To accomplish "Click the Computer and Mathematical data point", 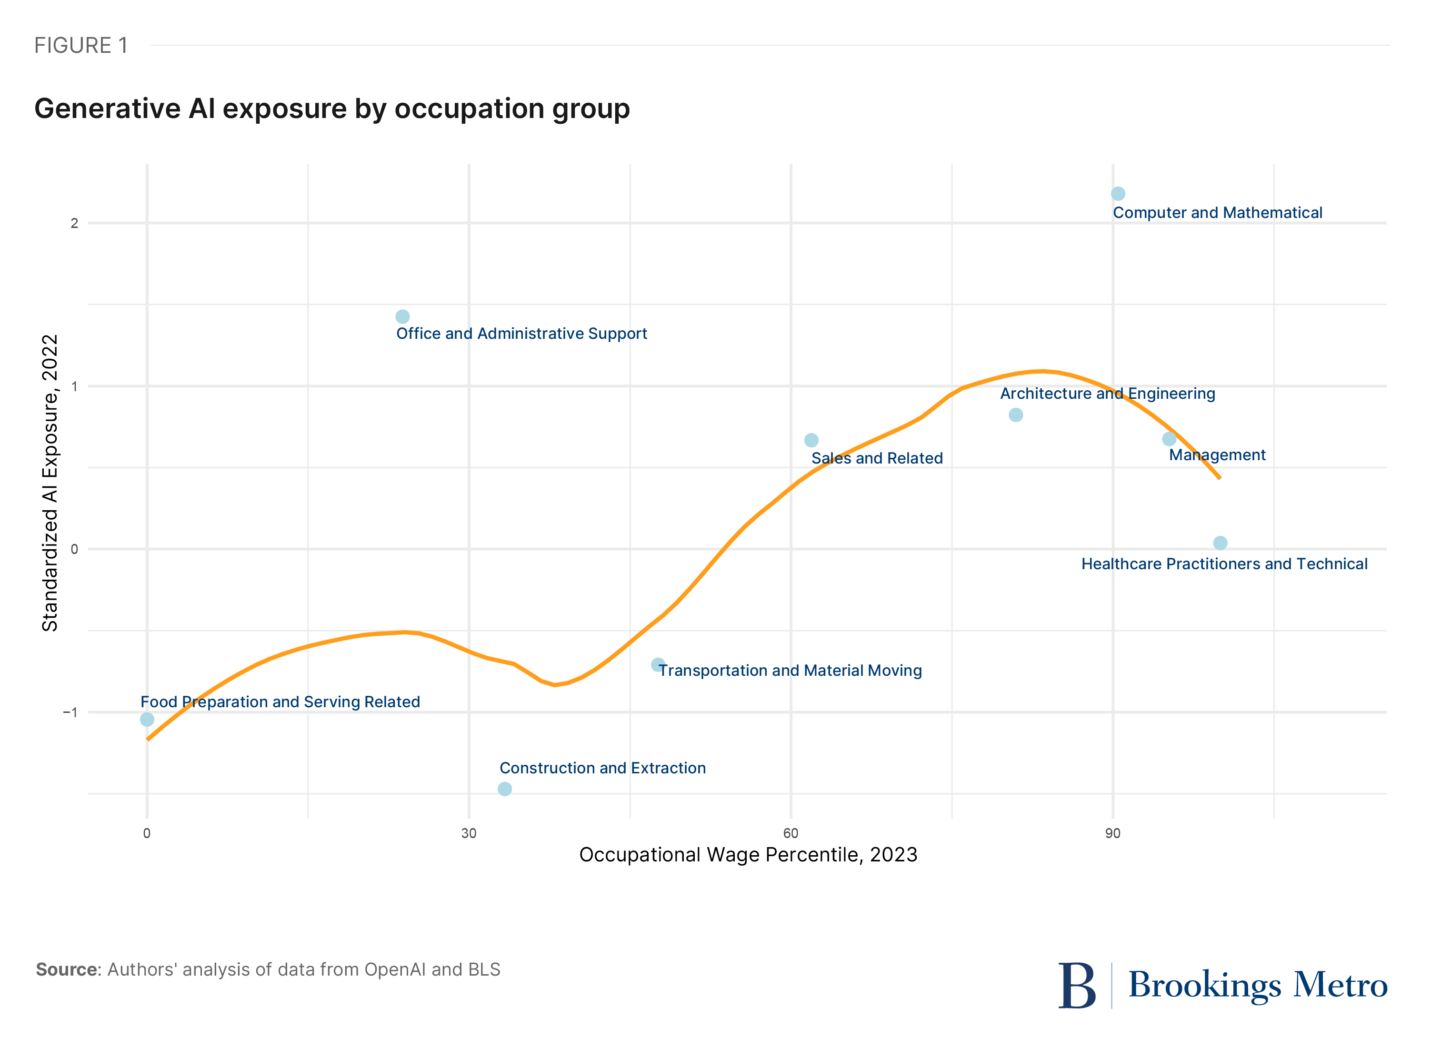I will click(x=1118, y=193).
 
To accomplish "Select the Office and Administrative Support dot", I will click(x=402, y=316).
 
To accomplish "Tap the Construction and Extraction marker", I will click(x=505, y=789).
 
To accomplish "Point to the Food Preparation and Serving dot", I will click(x=147, y=720).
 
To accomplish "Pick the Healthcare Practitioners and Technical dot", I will click(x=1221, y=543).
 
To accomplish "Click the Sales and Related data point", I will click(x=811, y=440).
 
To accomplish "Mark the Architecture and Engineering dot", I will click(x=1016, y=415).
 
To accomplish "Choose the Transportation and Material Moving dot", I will click(x=658, y=665).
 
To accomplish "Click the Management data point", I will click(x=1169, y=439).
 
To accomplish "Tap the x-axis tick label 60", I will click(x=791, y=833).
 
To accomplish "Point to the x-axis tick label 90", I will click(x=1113, y=833).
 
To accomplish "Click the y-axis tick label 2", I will click(x=74, y=223).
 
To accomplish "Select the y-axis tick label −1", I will click(x=70, y=712).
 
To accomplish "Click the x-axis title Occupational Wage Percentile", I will click(x=748, y=855).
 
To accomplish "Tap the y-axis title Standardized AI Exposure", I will click(x=50, y=483).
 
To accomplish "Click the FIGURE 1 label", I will click(x=80, y=46).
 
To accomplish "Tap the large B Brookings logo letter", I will click(x=1077, y=986).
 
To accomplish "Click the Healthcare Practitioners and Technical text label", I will click(x=1224, y=564).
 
